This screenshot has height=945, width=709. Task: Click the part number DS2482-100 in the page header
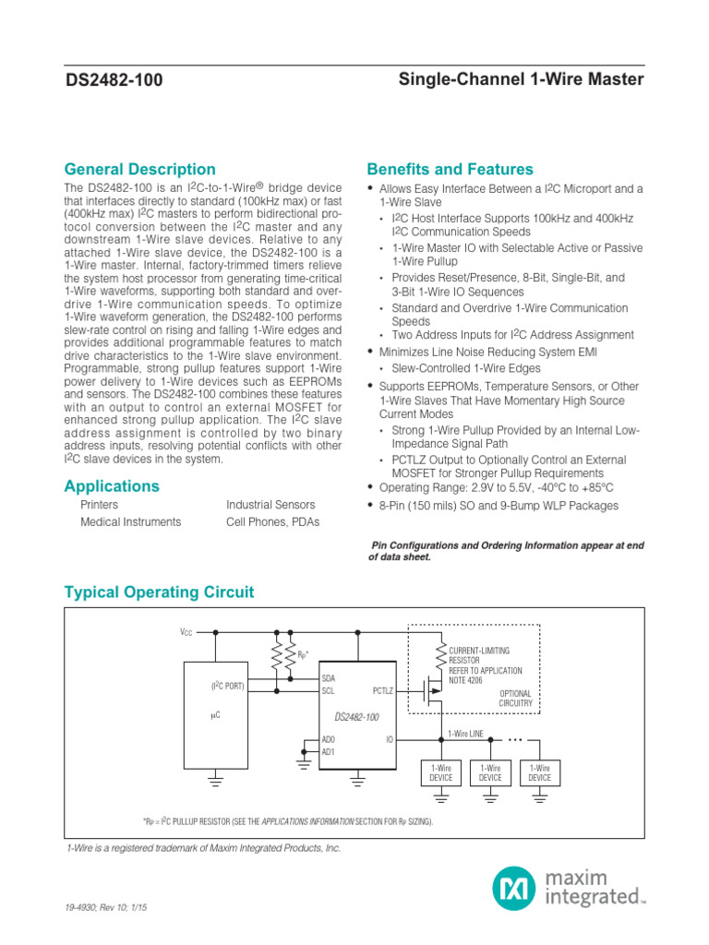[114, 80]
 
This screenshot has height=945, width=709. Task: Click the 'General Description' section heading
[139, 169]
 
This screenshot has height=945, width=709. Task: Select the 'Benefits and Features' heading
[450, 169]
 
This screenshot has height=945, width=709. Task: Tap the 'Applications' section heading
[112, 485]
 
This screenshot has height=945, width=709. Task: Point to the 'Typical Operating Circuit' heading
[159, 592]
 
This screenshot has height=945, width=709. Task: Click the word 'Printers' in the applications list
[100, 505]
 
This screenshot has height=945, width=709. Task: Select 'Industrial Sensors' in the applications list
[270, 505]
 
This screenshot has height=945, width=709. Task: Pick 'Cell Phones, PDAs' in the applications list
[272, 521]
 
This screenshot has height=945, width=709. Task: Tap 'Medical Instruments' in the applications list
[131, 521]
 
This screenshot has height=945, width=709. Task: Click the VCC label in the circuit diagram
[186, 632]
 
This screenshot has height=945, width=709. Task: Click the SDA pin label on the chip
[329, 677]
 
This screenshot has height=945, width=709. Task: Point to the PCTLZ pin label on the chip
[383, 689]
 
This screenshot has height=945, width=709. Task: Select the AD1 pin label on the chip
[329, 751]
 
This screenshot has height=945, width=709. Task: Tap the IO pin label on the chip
[390, 739]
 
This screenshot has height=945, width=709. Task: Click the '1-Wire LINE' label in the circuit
[465, 733]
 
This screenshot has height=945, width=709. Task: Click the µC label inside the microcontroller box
[215, 714]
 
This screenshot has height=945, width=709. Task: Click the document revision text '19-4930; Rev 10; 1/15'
[106, 908]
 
